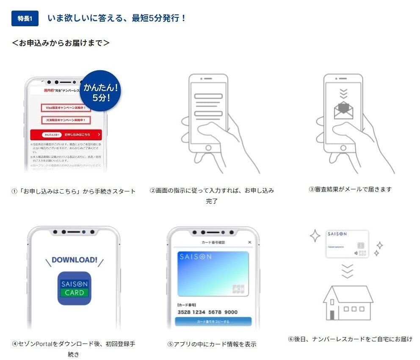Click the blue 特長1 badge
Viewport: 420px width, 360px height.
(25, 19)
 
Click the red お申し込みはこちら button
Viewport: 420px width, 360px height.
(66, 134)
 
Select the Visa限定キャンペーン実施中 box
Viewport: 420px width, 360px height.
(66, 108)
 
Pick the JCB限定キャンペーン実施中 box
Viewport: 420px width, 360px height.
(66, 120)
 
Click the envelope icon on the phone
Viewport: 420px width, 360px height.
(344, 111)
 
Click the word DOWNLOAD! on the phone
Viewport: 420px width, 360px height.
(74, 260)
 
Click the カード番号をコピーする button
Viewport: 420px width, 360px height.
(213, 322)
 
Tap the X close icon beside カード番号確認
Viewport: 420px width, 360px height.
(249, 242)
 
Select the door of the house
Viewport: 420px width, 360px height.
(332, 315)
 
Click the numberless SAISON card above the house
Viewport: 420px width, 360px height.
(347, 244)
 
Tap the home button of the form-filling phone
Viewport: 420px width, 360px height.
(208, 148)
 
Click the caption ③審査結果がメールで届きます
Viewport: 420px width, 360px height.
(350, 189)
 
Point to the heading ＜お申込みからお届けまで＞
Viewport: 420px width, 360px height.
(61, 43)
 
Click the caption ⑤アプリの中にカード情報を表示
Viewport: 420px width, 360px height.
(212, 344)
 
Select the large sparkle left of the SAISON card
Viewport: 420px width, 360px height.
(315, 236)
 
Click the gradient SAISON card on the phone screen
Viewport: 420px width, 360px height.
(213, 274)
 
